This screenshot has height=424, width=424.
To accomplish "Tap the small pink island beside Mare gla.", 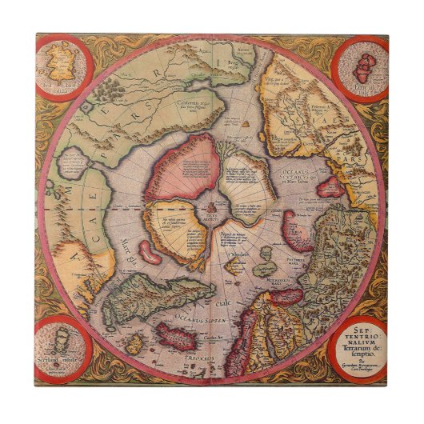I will pyautogui.click(x=148, y=251).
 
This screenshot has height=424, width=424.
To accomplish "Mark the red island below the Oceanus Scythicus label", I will pyautogui.click(x=328, y=189).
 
